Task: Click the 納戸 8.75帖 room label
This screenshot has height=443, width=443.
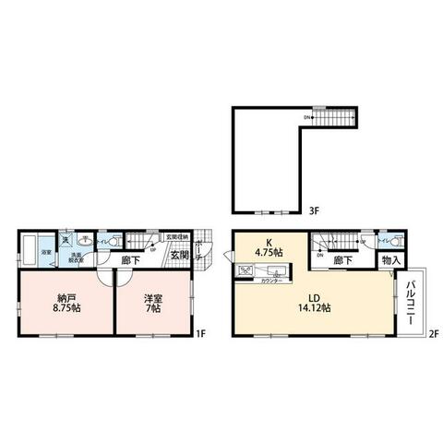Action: [64, 304]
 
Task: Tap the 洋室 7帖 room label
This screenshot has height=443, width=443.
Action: [151, 304]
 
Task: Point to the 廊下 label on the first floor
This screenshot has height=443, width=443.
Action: [130, 260]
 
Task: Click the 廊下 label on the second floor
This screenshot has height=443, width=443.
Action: [342, 261]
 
